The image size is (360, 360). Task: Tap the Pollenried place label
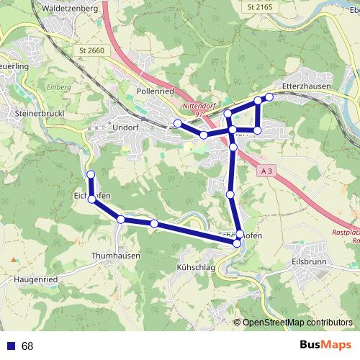tap(156, 92)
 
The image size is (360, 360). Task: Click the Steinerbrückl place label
tap(40, 114)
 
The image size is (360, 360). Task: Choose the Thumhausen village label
tap(116, 256)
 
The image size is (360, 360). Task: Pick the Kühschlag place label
tap(197, 266)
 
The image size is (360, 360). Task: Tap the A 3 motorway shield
tap(266, 170)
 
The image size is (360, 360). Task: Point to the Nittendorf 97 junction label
tap(199, 109)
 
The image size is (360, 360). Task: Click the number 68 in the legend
tap(27, 346)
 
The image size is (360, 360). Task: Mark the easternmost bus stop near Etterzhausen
tap(269, 96)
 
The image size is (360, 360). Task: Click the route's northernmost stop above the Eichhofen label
tap(91, 175)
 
